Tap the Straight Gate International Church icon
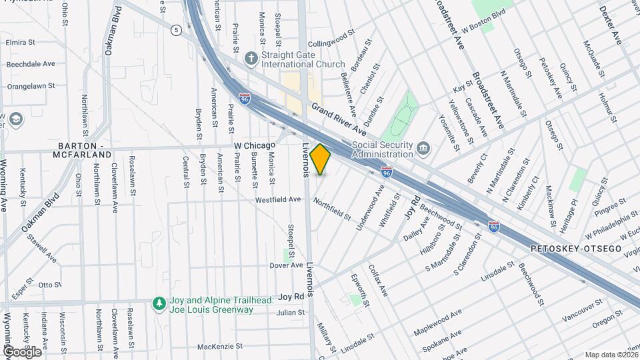tap(251, 58)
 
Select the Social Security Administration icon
tap(424, 147)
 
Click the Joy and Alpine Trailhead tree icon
tap(159, 304)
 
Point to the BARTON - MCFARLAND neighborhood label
tap(84, 150)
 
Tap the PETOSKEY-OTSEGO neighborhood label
tap(576, 249)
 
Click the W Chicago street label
tap(255, 145)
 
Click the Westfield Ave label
tap(279, 199)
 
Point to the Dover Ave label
tap(287, 265)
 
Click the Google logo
tap(22, 351)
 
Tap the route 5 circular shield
tap(176, 30)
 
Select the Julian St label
tap(291, 312)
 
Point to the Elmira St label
tap(20, 41)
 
